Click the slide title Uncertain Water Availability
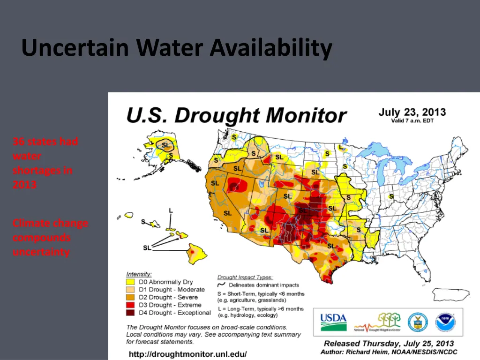177,48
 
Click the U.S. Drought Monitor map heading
236,115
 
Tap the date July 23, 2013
412,112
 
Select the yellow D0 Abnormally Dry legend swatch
131,282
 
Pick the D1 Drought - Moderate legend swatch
131,290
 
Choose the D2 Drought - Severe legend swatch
131,297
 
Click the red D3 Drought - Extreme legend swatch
131,305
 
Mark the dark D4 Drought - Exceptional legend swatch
131,313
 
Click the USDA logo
333,322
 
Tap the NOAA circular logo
445,322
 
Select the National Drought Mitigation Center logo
378,322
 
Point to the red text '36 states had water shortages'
45,163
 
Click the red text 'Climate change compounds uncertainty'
50,237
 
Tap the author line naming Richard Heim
389,352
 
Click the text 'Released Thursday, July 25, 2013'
389,344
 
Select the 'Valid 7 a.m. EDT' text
412,121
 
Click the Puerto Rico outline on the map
450,295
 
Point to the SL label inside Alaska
166,145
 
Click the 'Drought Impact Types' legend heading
245,277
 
